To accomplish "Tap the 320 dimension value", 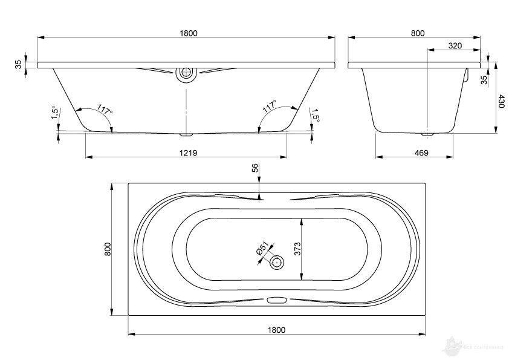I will [x=455, y=45].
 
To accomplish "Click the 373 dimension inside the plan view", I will [x=298, y=247].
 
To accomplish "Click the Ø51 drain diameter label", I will [x=262, y=249].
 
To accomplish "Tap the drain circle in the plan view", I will [x=277, y=262].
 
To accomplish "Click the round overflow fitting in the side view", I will [x=186, y=74].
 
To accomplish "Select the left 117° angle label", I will [x=105, y=111].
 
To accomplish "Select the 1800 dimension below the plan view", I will [x=276, y=329].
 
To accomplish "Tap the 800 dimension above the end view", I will [x=418, y=33].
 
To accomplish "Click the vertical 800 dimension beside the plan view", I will [x=107, y=249].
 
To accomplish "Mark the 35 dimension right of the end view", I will [x=483, y=80].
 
